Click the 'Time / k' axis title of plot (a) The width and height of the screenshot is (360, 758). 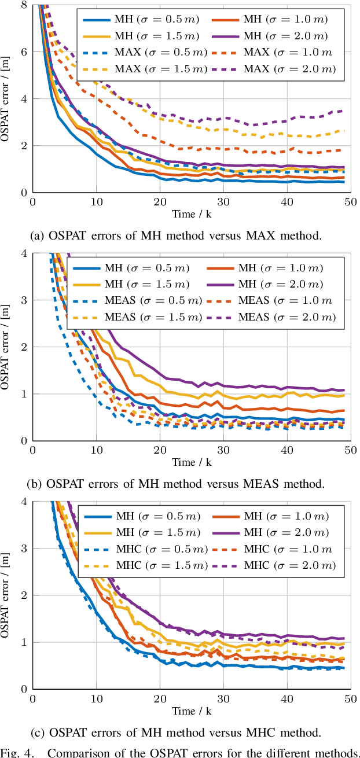coord(191,214)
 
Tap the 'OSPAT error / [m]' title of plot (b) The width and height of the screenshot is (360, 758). coord(7,347)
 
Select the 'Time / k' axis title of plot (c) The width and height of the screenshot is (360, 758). coord(191,711)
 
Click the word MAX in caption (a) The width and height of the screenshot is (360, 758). coord(252,235)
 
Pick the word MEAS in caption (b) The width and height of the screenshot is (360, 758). coord(249,484)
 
